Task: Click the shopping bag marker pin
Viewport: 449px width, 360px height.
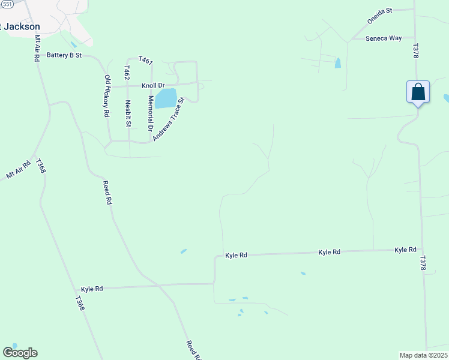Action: [418, 93]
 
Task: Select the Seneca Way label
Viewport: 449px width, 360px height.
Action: [384, 38]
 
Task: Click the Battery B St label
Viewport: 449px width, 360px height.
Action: [64, 55]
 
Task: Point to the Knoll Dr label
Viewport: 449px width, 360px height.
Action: [153, 86]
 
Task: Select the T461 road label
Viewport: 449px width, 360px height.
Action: [146, 60]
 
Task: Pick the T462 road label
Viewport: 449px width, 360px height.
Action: [127, 73]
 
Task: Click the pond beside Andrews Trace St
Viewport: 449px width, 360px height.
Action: [166, 98]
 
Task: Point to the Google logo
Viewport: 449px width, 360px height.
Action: [20, 353]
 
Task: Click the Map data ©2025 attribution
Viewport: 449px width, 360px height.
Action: [424, 355]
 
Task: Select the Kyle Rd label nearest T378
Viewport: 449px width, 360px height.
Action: [405, 250]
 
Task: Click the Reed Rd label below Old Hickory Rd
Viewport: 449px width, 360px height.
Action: [107, 193]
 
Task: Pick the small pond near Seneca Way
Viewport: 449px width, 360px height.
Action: [337, 62]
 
